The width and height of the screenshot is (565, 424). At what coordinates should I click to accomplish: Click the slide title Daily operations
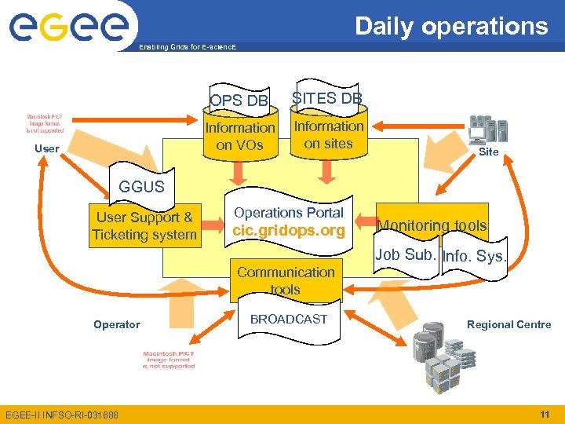click(451, 26)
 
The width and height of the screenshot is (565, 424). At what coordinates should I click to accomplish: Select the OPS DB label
click(239, 101)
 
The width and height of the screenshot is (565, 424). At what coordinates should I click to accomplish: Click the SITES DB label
click(327, 98)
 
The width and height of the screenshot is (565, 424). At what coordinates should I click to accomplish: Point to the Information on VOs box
click(239, 136)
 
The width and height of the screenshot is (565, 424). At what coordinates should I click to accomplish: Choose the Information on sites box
click(328, 135)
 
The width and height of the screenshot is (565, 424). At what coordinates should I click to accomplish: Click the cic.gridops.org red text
click(289, 231)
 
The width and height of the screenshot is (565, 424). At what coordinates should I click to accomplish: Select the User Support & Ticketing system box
click(144, 226)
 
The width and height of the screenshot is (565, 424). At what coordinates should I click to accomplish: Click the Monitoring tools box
click(432, 226)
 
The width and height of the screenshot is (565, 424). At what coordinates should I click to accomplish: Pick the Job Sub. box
click(405, 255)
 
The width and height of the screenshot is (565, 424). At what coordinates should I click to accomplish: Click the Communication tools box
click(286, 281)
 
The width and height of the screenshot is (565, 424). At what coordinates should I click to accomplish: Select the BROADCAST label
click(288, 319)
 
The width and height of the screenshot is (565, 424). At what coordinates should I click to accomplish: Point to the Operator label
click(117, 324)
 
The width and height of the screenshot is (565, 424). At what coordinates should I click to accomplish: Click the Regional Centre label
click(508, 324)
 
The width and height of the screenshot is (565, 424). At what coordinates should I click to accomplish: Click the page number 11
click(544, 414)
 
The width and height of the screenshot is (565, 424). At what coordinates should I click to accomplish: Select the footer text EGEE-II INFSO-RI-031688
click(62, 415)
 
